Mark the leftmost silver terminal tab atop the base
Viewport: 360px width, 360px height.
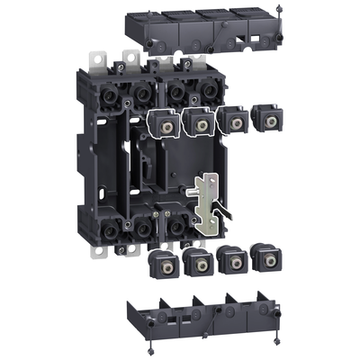[x=96, y=62]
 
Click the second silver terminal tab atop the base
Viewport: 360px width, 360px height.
[x=130, y=60]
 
